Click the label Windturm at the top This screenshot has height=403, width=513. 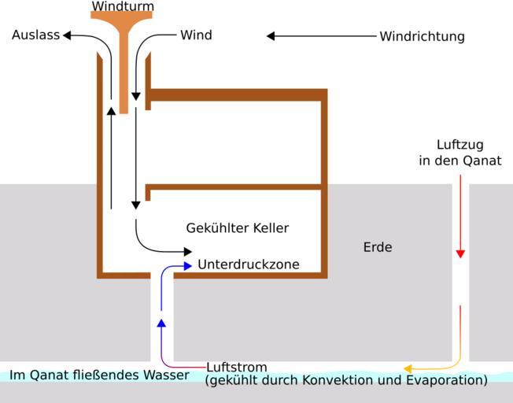pyautogui.click(x=123, y=6)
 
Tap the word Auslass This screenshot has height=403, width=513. pyautogui.click(x=35, y=35)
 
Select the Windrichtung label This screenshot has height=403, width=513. pyautogui.click(x=422, y=36)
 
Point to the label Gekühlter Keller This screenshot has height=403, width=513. pyautogui.click(x=237, y=228)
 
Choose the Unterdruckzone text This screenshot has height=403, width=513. pyautogui.click(x=248, y=264)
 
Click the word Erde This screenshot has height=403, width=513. pyautogui.click(x=378, y=247)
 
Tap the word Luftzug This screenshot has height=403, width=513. pyautogui.click(x=459, y=145)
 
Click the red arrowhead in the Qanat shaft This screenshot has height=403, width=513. pyautogui.click(x=460, y=254)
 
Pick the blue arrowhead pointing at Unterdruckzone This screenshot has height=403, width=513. pyautogui.click(x=187, y=266)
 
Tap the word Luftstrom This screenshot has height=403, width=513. pyautogui.click(x=236, y=367)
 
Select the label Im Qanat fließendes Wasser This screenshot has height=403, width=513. pyautogui.click(x=99, y=375)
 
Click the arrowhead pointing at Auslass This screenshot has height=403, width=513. pyautogui.click(x=67, y=35)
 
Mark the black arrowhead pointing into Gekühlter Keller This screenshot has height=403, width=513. pyautogui.click(x=187, y=251)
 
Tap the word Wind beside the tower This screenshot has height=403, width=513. pyautogui.click(x=196, y=35)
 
